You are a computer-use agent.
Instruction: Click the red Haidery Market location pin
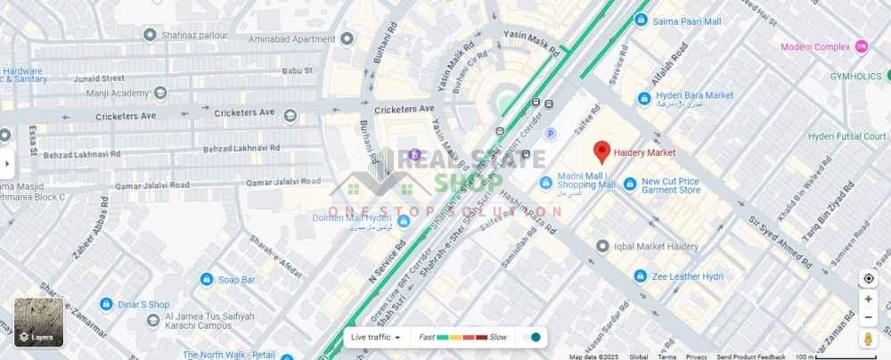pos(601,151)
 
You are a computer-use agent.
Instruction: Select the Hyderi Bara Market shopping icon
pos(643,97)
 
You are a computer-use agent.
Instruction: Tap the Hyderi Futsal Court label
pos(846,136)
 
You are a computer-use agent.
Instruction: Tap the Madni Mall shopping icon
pos(545,182)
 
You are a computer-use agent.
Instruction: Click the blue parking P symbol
pos(550,134)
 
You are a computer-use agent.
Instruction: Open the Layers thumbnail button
pos(38,322)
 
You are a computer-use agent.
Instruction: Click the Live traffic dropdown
pos(375,337)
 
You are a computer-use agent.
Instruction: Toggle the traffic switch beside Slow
pos(532,337)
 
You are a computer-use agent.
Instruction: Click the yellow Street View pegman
pos(868,339)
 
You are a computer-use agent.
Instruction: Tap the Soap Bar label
pos(236,280)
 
